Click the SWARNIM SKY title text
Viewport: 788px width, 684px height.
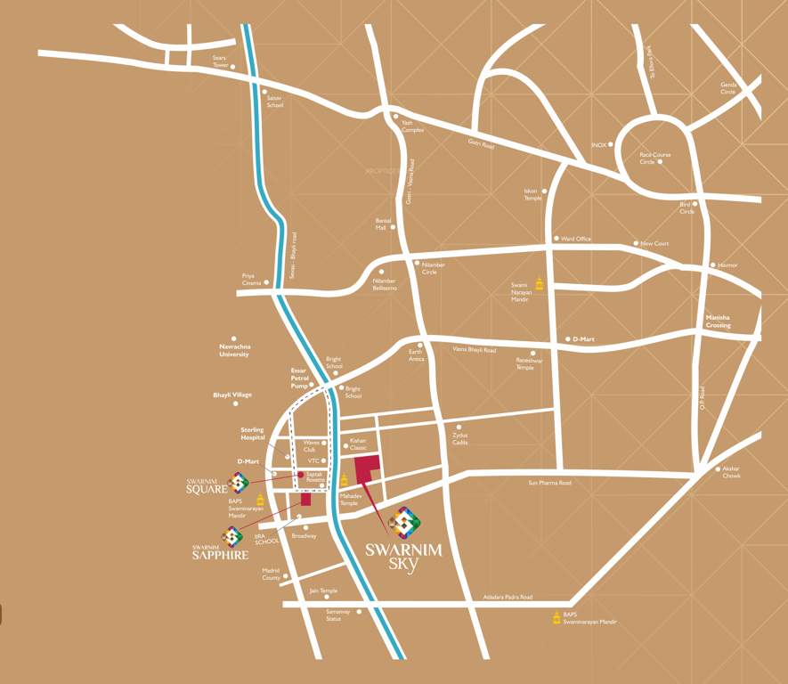click(403, 556)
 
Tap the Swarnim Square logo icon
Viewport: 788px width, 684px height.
click(238, 483)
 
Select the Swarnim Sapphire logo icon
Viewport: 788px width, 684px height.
click(232, 536)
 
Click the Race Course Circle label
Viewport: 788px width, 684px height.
click(654, 158)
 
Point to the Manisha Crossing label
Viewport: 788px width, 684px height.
click(718, 322)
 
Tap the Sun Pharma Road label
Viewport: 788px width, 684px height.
click(549, 482)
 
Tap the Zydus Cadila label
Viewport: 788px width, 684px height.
click(459, 438)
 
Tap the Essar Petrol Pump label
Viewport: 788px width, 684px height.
click(298, 378)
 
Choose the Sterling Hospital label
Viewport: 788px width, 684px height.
click(252, 434)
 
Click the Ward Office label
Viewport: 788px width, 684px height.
click(576, 239)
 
